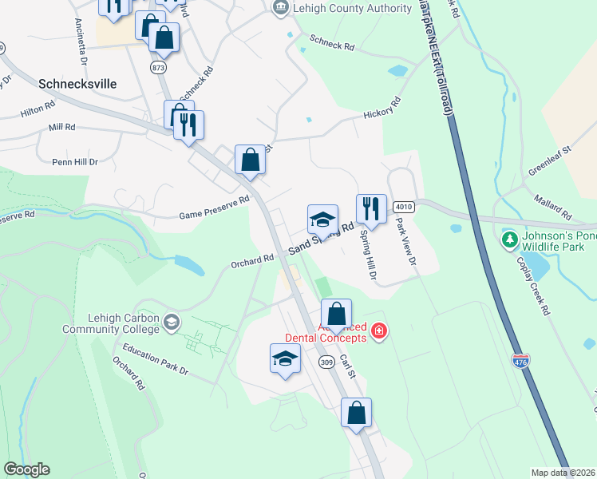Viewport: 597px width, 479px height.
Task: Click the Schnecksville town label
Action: click(77, 83)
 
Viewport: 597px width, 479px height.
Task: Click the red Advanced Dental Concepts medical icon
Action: click(378, 331)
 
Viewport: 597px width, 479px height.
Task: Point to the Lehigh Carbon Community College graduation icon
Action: click(171, 322)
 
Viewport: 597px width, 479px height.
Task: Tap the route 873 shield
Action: click(158, 68)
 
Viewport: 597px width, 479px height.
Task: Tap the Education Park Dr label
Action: click(156, 360)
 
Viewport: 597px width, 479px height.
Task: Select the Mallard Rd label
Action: click(554, 206)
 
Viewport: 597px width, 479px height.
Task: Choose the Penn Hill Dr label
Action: click(75, 161)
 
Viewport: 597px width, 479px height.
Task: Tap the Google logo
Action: click(26, 469)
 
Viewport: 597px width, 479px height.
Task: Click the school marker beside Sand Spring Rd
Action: click(322, 220)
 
